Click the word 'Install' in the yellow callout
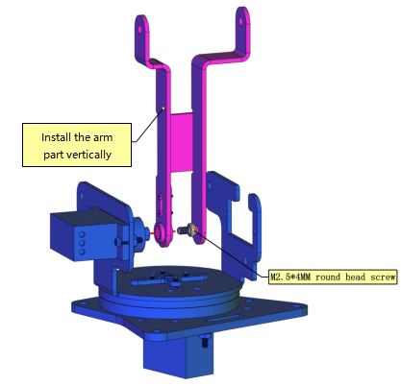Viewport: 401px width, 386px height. [57, 137]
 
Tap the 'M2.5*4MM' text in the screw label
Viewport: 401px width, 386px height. [290, 277]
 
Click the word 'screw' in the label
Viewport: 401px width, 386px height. [383, 277]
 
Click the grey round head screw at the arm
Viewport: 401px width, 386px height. [187, 229]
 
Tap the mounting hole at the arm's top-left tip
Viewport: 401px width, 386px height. [140, 30]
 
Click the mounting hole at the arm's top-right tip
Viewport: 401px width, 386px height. [240, 21]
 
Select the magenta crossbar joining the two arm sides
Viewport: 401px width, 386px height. [181, 142]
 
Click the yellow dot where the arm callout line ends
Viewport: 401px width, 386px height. [163, 109]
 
